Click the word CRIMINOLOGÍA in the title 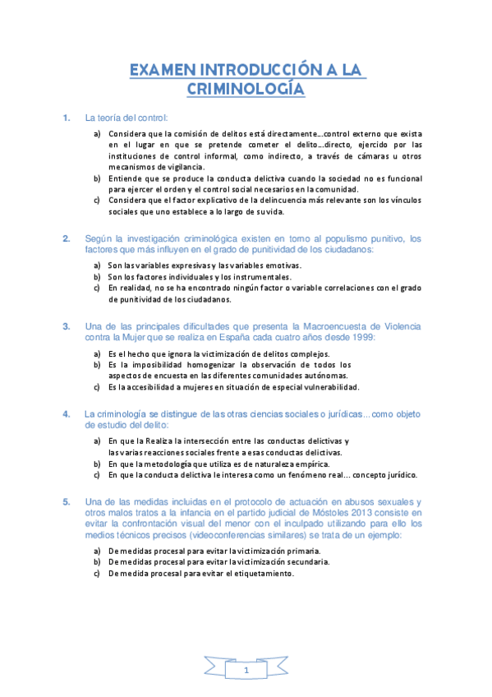coord(246,89)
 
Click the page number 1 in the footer coord(246,672)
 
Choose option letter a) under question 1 coord(97,133)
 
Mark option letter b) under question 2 coord(97,277)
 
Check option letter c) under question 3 coord(97,387)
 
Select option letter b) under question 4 coord(97,464)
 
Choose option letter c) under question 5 coord(97,574)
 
